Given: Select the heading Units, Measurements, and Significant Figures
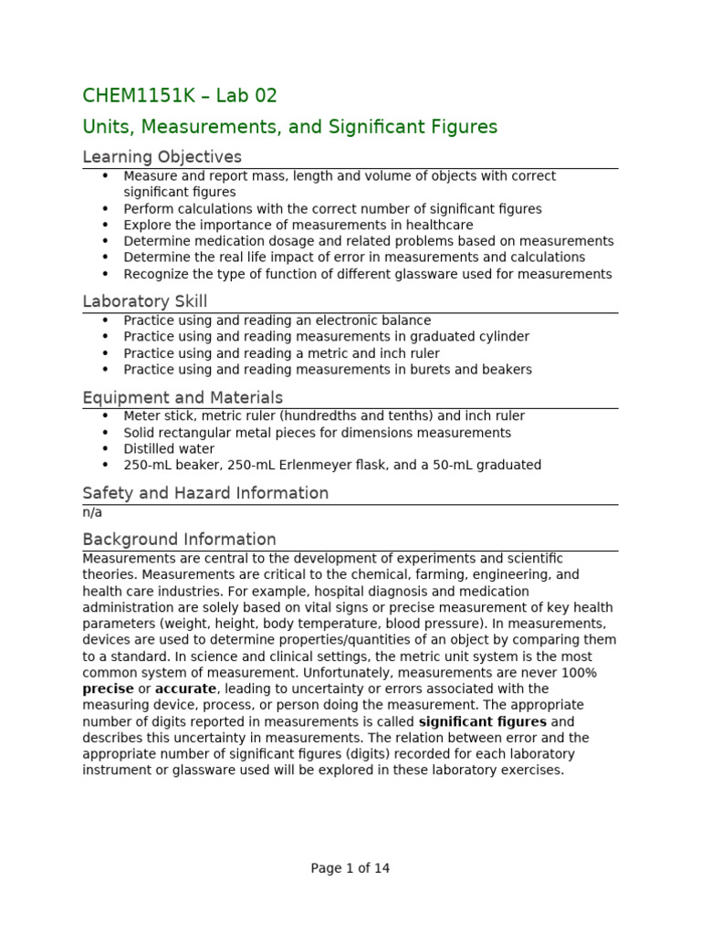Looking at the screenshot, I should [x=289, y=127].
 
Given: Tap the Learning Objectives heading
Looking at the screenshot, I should [x=162, y=157].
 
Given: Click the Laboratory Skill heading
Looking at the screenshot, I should [x=144, y=301].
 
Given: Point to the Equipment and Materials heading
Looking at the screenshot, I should [x=183, y=397].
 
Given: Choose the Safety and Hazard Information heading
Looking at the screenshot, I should [x=205, y=493].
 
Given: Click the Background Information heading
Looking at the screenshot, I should [x=179, y=539].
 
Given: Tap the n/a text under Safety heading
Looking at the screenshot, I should [x=92, y=512].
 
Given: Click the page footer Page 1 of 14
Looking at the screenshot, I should [x=350, y=868].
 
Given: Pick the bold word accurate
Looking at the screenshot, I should [x=185, y=688].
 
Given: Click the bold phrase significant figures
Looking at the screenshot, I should [x=482, y=721].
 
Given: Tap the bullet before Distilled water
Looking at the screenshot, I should [x=105, y=449].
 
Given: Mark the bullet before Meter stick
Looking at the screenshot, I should [x=105, y=416].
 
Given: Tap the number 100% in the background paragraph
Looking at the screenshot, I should [x=578, y=673].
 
